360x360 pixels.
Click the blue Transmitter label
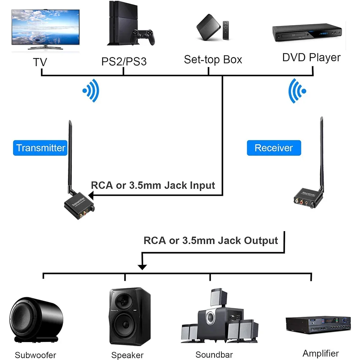41,148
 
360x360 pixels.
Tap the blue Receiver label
274,148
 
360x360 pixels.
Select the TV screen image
45,27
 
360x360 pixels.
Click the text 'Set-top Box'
213,59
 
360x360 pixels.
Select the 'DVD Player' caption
311,57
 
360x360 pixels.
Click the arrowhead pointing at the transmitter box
91,195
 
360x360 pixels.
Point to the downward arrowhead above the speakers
143,267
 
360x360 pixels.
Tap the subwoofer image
36,319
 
